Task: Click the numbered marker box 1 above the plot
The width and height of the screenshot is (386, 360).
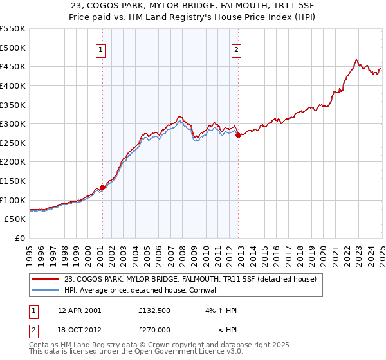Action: pyautogui.click(x=102, y=51)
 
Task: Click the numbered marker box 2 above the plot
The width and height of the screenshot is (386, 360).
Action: pyautogui.click(x=237, y=51)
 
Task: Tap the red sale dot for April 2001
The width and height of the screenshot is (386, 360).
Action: pyautogui.click(x=102, y=187)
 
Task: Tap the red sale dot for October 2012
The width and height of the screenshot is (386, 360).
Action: pyautogui.click(x=238, y=135)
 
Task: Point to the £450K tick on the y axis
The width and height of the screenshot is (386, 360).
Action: pyautogui.click(x=13, y=66)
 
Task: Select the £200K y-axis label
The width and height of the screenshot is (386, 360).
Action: pyautogui.click(x=13, y=162)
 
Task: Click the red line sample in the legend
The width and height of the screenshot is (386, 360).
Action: pyautogui.click(x=46, y=280)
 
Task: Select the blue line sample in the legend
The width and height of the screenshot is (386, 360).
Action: pyautogui.click(x=46, y=290)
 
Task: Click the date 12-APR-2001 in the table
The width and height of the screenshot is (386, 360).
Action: pyautogui.click(x=80, y=310)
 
